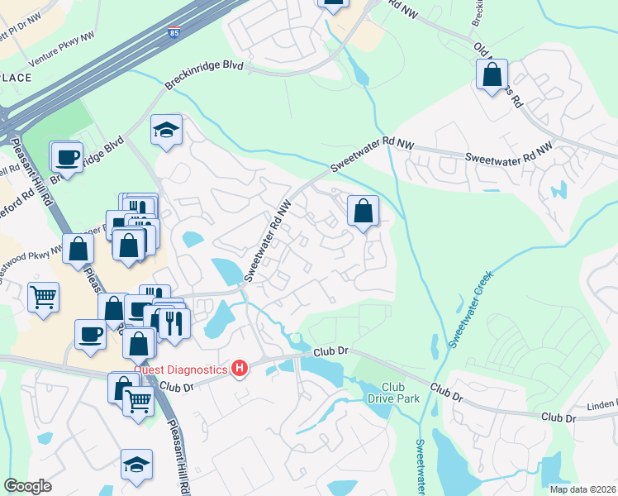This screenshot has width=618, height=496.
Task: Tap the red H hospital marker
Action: point(240,367)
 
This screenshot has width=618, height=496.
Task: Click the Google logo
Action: point(27,486)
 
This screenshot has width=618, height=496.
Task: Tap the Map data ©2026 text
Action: point(582,489)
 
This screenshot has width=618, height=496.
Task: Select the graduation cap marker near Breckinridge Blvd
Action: point(166,130)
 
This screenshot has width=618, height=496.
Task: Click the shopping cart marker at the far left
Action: point(43,296)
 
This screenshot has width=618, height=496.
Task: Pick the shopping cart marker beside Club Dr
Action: point(138,402)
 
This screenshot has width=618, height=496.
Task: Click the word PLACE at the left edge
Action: point(16,78)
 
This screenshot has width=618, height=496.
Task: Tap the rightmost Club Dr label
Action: point(558,417)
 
